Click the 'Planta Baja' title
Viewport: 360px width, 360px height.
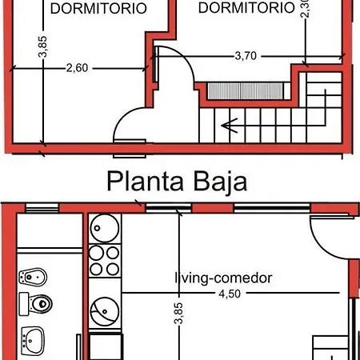coord(177,182)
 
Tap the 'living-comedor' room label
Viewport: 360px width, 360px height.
coord(223,278)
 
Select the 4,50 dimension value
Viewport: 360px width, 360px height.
coord(230,294)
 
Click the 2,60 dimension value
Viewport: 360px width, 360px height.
coord(77,68)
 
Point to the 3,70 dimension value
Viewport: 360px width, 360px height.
coord(246,56)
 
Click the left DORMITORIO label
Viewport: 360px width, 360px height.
coord(98,9)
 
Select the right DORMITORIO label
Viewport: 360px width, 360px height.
coord(246,7)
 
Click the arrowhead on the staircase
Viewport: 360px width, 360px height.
coord(230,126)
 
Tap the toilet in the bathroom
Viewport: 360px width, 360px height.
coord(36,304)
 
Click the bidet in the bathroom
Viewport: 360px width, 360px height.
coord(33,277)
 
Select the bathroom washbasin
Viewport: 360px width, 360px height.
coord(33,341)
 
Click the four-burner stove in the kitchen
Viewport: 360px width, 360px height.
coord(105,261)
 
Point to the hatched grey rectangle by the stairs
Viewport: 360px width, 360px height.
coord(245,91)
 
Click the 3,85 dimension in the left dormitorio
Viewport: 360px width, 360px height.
coord(42,46)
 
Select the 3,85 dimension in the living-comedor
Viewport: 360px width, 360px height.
coord(178,314)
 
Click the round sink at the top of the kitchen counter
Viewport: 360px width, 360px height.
coord(105,228)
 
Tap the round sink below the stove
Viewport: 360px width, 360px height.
coord(105,311)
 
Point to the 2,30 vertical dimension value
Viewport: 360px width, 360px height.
coord(305,8)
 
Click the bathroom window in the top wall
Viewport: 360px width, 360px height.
coord(42,208)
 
